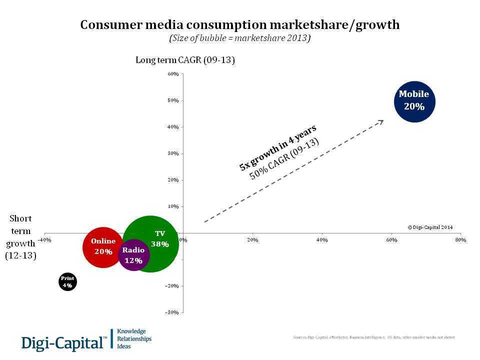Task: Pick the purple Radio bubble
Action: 133,255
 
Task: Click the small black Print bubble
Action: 67,282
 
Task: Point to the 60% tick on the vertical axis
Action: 173,74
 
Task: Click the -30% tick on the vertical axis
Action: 172,312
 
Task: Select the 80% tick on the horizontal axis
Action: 460,240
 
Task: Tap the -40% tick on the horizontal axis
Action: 45,240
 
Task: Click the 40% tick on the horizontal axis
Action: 322,240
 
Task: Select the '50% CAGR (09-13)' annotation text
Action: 284,158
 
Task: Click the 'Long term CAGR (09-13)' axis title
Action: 185,60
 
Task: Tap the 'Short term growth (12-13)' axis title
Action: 20,237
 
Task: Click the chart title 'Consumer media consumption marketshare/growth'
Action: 240,25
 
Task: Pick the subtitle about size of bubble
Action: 240,38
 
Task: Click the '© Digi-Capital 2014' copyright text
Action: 430,227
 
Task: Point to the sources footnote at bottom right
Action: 374,337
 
